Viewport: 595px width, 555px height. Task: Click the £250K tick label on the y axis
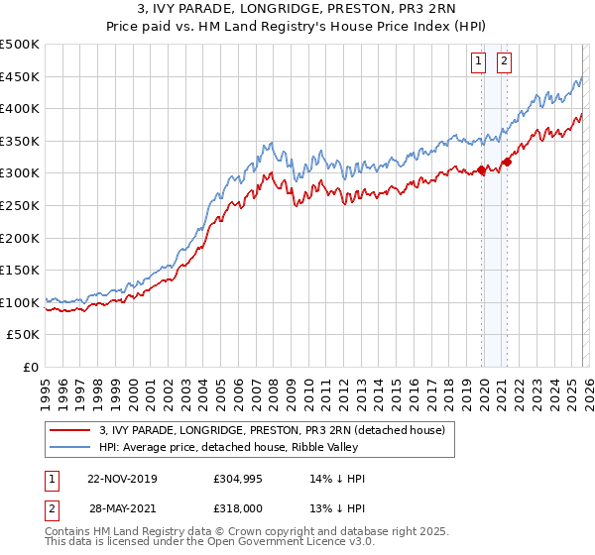pos(20,205)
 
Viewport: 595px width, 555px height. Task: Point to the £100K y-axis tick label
pos(20,302)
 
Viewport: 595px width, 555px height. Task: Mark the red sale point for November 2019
pos(482,170)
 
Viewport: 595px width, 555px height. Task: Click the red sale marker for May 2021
pos(507,163)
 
